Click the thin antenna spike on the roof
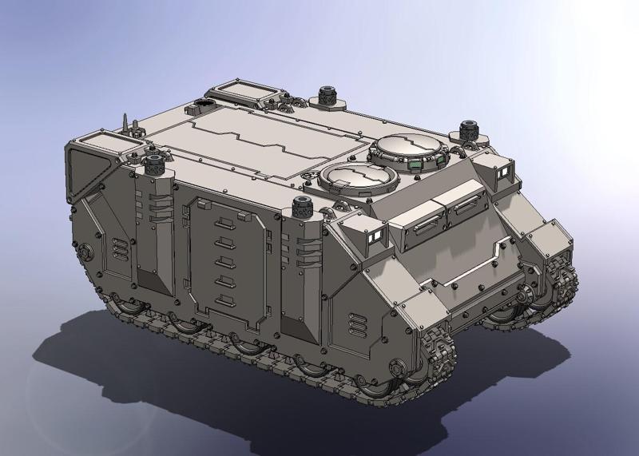125,123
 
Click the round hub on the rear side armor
85,252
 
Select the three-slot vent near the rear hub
118,248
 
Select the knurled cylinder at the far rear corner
327,95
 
